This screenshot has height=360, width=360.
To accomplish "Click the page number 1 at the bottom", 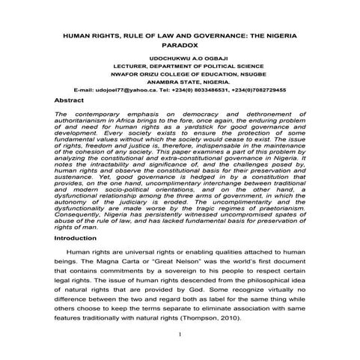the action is (180, 335).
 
